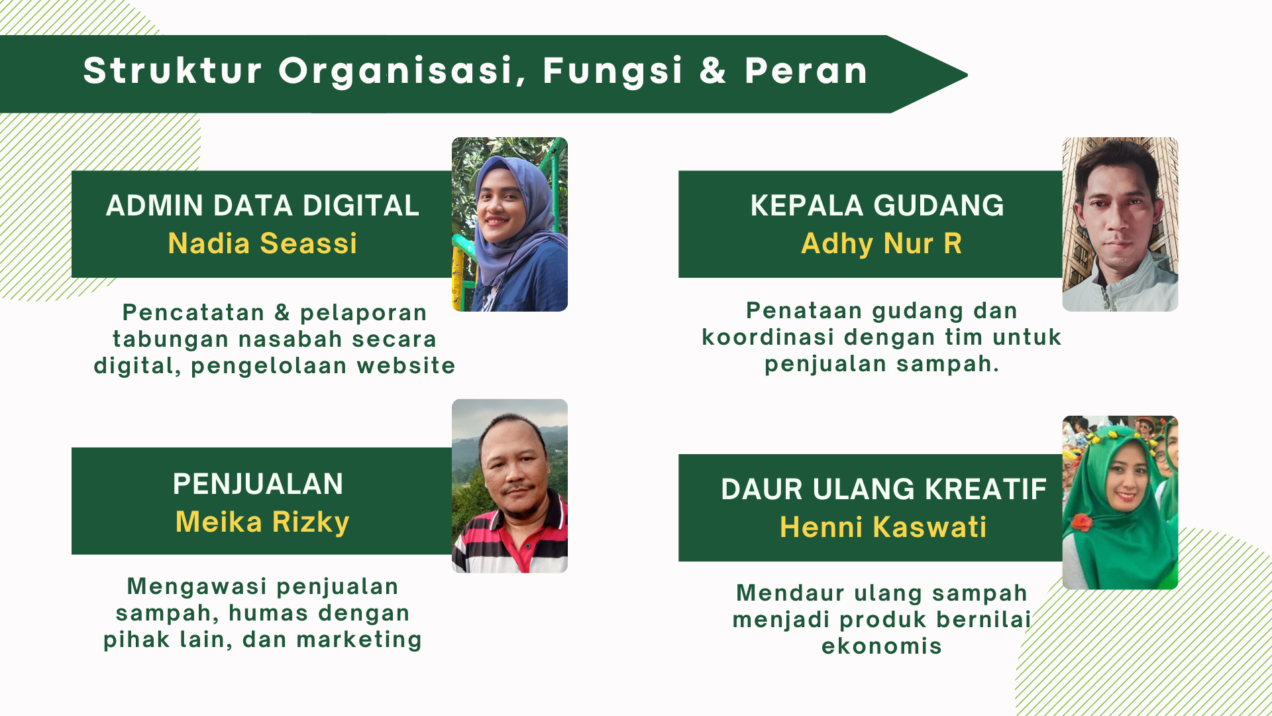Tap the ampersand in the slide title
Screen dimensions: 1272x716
[713, 70]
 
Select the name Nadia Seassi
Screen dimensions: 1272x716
[262, 243]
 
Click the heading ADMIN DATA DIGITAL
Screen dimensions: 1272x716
[262, 206]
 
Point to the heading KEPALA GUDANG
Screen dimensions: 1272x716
[877, 206]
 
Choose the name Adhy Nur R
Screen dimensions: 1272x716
[881, 244]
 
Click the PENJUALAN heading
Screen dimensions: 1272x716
[258, 484]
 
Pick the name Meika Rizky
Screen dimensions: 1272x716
[262, 522]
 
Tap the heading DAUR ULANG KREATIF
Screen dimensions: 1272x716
[884, 489]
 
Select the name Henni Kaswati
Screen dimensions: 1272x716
[883, 527]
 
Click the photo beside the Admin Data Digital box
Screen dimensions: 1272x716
[509, 224]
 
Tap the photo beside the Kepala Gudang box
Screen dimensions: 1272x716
[1120, 224]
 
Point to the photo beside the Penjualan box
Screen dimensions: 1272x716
[509, 486]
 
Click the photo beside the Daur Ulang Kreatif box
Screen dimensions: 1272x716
[1120, 503]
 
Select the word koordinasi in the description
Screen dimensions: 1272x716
[768, 337]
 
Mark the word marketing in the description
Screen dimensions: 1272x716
[359, 640]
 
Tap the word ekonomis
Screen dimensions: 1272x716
[882, 646]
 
